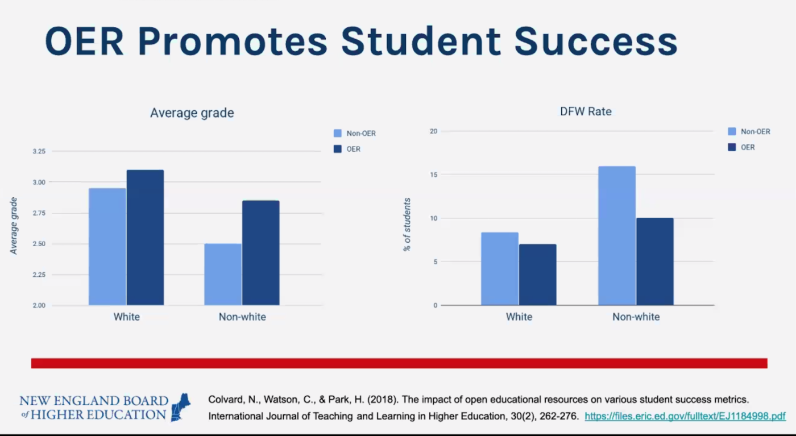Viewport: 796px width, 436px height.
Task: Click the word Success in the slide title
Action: pos(595,41)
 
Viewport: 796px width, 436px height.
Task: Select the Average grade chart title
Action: pos(192,113)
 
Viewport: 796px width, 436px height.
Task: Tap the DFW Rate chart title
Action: pos(586,111)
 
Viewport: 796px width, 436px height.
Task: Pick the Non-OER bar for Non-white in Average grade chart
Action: pos(222,275)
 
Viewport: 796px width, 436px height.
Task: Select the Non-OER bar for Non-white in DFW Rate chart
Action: pos(616,236)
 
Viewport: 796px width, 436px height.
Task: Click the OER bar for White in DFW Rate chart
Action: pos(537,275)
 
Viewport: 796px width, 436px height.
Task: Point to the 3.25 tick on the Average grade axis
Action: pos(39,151)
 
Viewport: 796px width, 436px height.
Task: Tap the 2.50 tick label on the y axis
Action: pos(39,244)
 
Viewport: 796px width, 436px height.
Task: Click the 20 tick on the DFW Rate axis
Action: pos(433,131)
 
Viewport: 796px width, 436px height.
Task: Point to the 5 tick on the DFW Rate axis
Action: pos(435,262)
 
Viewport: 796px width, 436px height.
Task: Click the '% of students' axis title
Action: pos(407,225)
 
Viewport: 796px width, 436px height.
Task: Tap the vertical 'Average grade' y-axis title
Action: pos(14,226)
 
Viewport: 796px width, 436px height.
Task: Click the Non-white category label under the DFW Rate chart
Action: pos(636,317)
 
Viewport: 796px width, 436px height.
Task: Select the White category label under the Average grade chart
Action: pos(126,317)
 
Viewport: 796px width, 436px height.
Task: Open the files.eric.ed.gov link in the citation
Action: pos(685,416)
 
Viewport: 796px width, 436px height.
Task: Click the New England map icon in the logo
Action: pos(181,407)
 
